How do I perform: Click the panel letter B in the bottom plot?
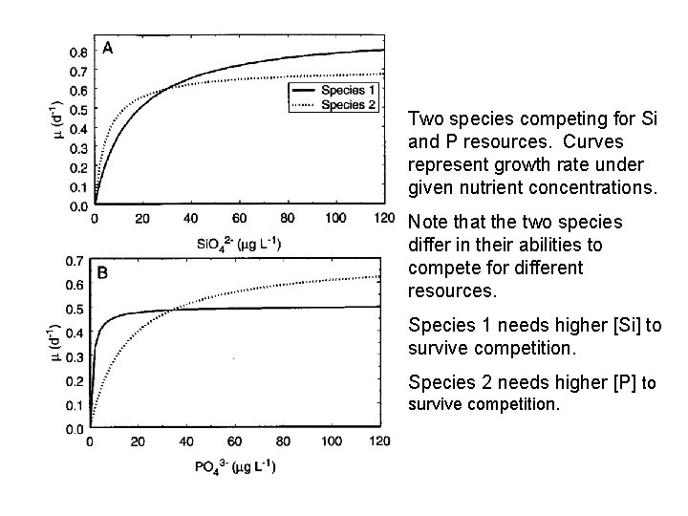[x=103, y=273]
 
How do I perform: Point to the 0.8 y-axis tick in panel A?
[x=80, y=52]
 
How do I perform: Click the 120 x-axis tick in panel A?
[x=383, y=219]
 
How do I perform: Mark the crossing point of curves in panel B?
[x=175, y=308]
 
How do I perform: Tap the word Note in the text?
[x=427, y=223]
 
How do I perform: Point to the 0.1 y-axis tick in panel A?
[x=80, y=186]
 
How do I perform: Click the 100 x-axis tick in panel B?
[x=332, y=441]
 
